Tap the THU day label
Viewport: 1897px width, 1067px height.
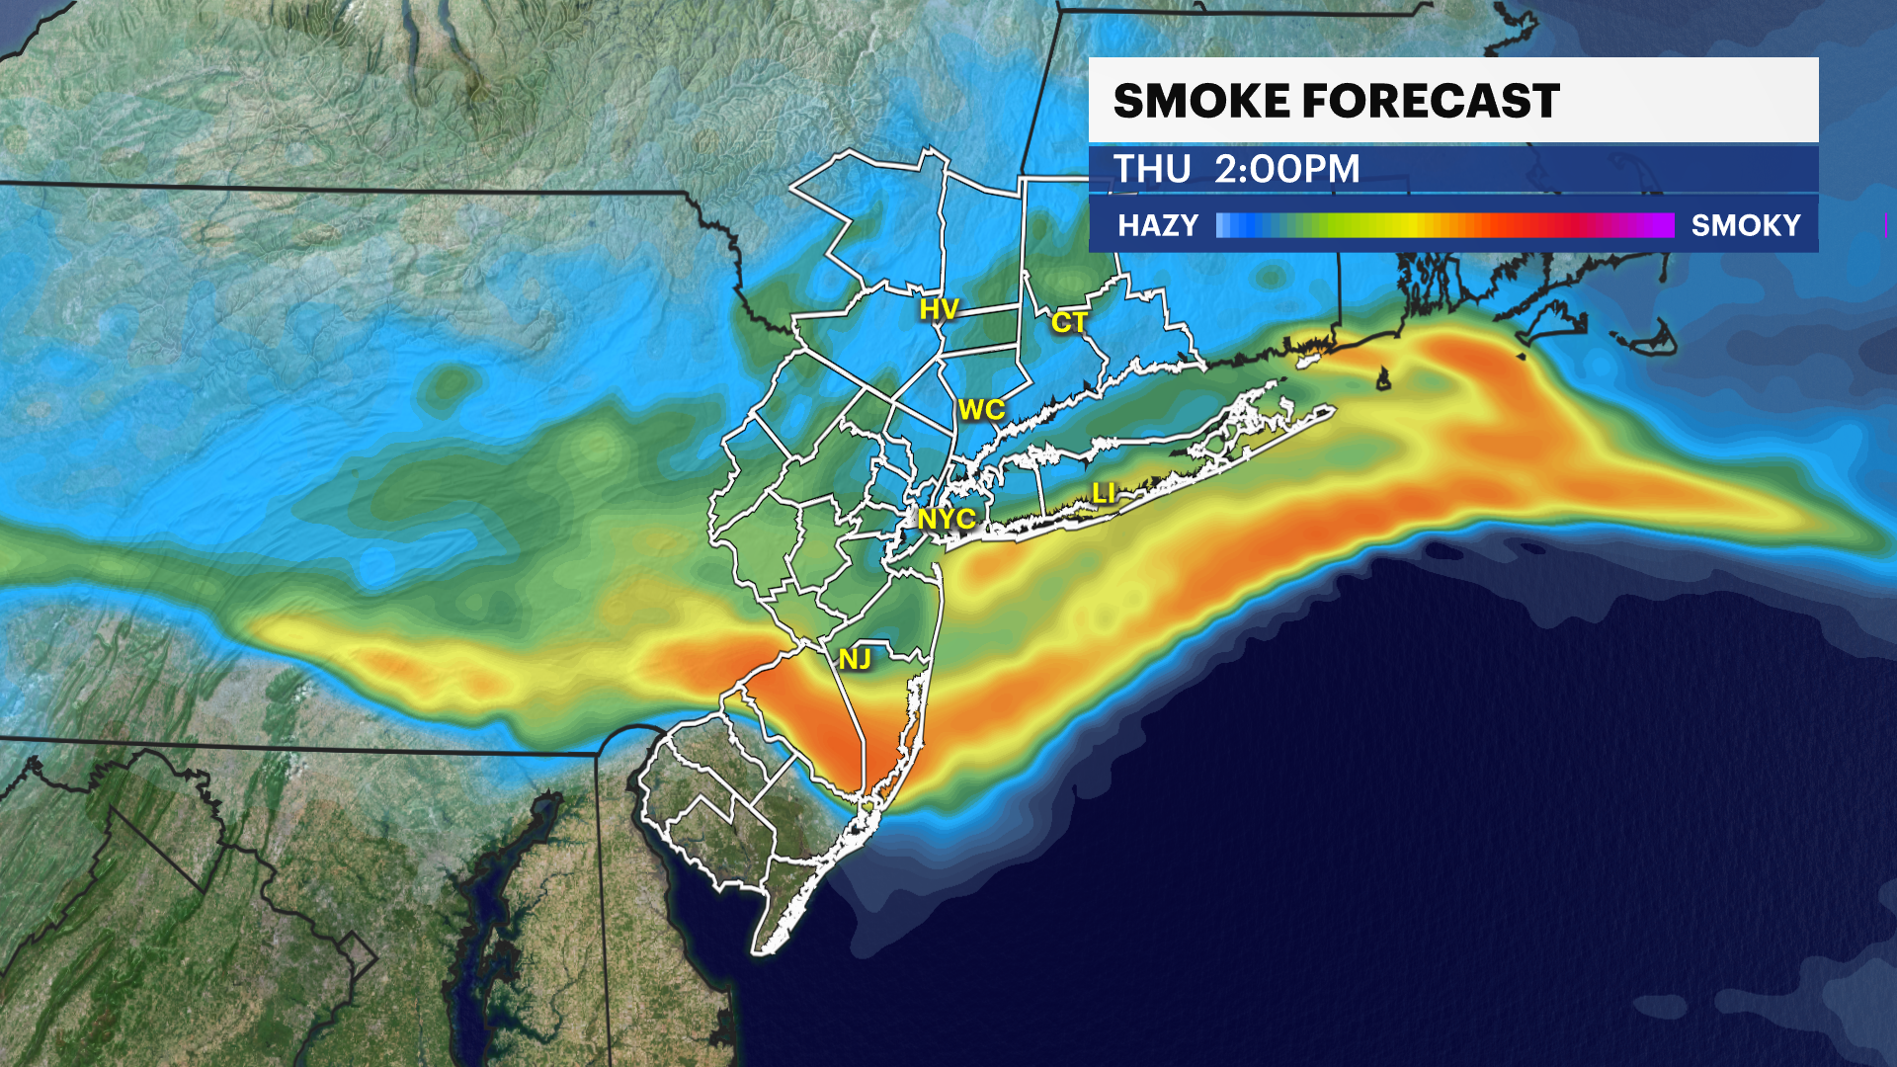pyautogui.click(x=1152, y=170)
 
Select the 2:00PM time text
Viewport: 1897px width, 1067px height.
pyautogui.click(x=1286, y=170)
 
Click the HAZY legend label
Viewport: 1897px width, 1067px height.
pyautogui.click(x=1158, y=226)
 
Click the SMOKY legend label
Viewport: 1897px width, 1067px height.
pyautogui.click(x=1746, y=226)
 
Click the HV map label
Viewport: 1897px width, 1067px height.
pyautogui.click(x=939, y=310)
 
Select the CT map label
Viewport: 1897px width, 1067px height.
pyautogui.click(x=1069, y=322)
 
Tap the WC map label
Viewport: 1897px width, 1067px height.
pyautogui.click(x=981, y=410)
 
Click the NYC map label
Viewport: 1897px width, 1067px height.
pyautogui.click(x=947, y=519)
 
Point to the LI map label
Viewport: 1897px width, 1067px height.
pyautogui.click(x=1104, y=493)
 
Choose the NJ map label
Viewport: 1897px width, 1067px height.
pyautogui.click(x=855, y=659)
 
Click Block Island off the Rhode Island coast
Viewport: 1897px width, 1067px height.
pyautogui.click(x=1384, y=378)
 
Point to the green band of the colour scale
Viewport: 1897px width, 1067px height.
pyautogui.click(x=1324, y=226)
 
